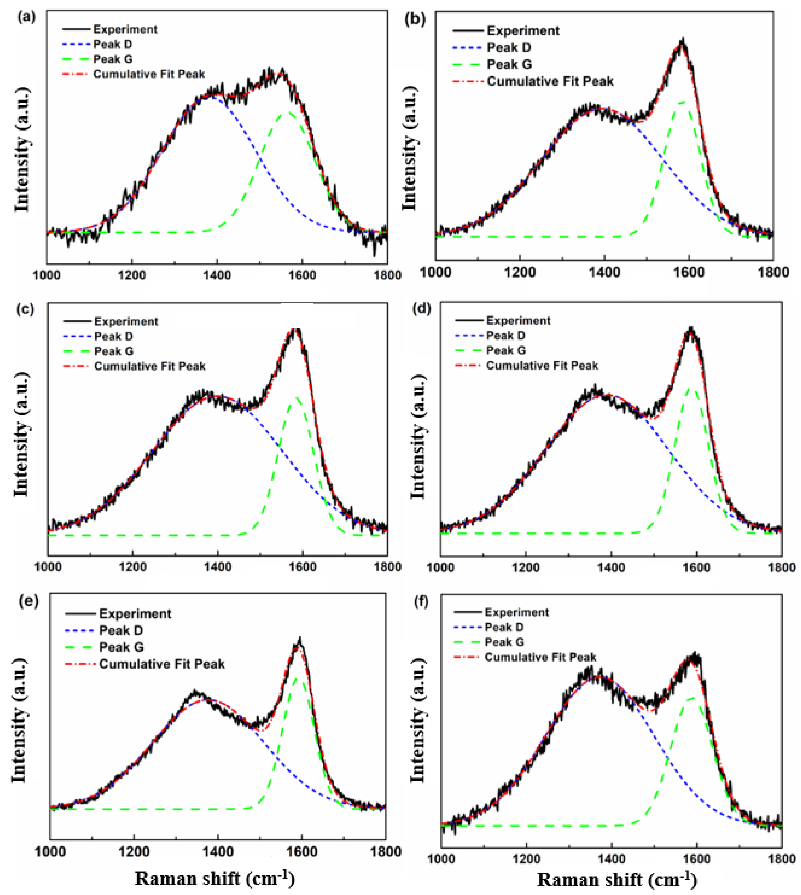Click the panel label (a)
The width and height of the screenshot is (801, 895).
click(x=26, y=17)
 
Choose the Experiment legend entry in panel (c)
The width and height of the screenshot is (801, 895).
click(x=126, y=322)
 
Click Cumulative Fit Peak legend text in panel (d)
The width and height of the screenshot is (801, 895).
click(x=542, y=366)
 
